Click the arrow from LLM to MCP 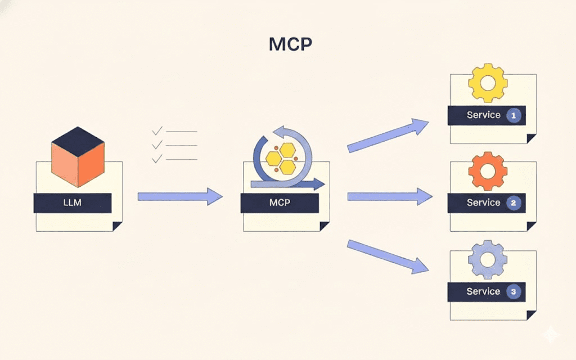180,196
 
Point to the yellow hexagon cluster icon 281,158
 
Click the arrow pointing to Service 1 389,136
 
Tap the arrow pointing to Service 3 389,256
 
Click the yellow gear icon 488,83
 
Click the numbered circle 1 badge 514,115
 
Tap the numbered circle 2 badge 513,203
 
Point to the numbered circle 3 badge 513,292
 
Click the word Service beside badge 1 483,115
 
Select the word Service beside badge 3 483,291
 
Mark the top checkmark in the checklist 157,131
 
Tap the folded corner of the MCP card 325,226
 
